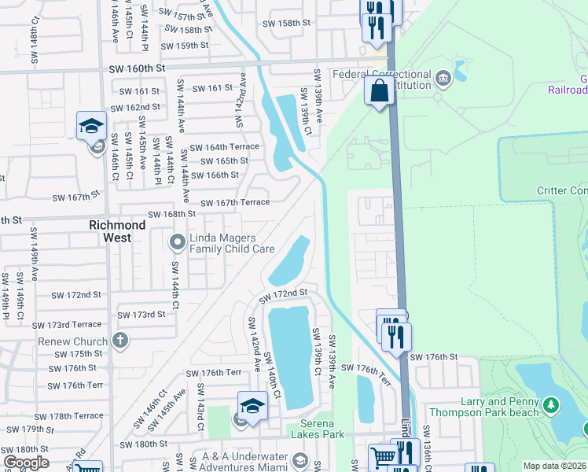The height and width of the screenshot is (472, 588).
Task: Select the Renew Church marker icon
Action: pyautogui.click(x=119, y=341)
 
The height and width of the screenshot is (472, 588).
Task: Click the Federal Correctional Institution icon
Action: pyautogui.click(x=443, y=77)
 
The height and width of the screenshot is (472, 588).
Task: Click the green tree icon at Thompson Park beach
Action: pyautogui.click(x=552, y=406)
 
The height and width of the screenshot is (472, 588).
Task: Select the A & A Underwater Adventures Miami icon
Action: pyautogui.click(x=300, y=459)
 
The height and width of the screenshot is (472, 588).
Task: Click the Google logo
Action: pyautogui.click(x=25, y=463)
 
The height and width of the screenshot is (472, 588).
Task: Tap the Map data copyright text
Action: pyautogui.click(x=554, y=466)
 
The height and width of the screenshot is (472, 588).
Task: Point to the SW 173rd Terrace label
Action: pyautogui.click(x=67, y=324)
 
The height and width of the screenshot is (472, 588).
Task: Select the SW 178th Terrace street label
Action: pyautogui.click(x=68, y=415)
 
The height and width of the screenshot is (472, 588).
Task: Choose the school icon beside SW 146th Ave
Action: pyautogui.click(x=91, y=127)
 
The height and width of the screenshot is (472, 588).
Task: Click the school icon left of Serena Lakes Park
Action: pyautogui.click(x=252, y=407)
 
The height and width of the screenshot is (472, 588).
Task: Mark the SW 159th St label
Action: pyautogui.click(x=186, y=46)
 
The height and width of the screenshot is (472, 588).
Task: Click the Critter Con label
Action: pyautogui.click(x=561, y=190)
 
